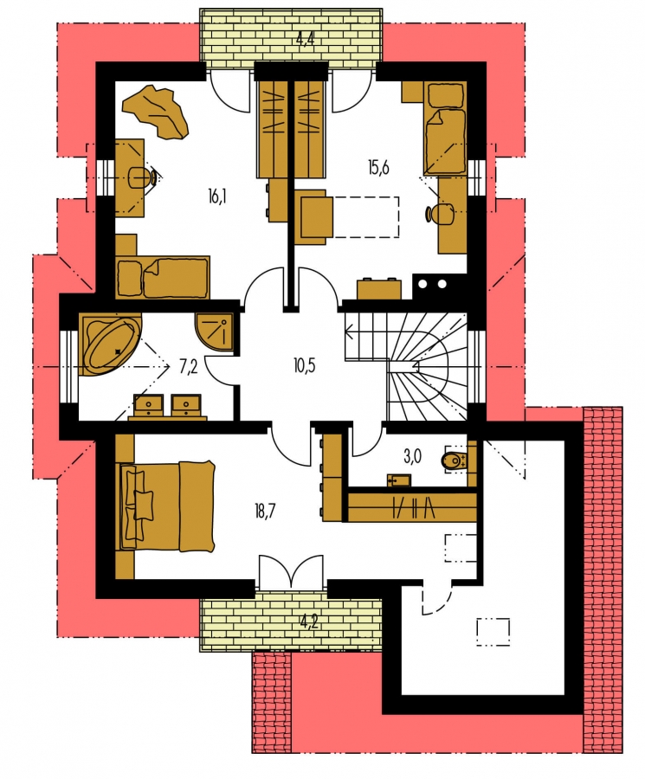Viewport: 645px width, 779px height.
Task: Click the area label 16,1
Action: [217, 197]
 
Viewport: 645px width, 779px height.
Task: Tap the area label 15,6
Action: [378, 168]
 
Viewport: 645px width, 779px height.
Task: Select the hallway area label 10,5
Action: [305, 366]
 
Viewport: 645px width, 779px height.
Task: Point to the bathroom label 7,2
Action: [189, 367]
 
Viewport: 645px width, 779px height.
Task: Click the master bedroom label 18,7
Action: [265, 512]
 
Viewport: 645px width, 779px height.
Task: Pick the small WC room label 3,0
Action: [412, 457]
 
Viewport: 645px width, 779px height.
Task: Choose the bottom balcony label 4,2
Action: [308, 621]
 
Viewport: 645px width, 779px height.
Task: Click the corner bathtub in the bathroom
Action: [110, 344]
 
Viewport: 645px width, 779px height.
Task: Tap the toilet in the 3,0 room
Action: [455, 461]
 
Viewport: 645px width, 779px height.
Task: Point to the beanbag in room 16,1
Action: [157, 111]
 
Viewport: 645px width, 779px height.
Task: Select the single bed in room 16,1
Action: [162, 278]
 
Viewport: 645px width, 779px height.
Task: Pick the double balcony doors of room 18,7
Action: [291, 572]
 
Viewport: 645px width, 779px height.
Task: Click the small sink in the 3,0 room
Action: [398, 480]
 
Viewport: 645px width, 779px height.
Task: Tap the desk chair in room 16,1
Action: [144, 177]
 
